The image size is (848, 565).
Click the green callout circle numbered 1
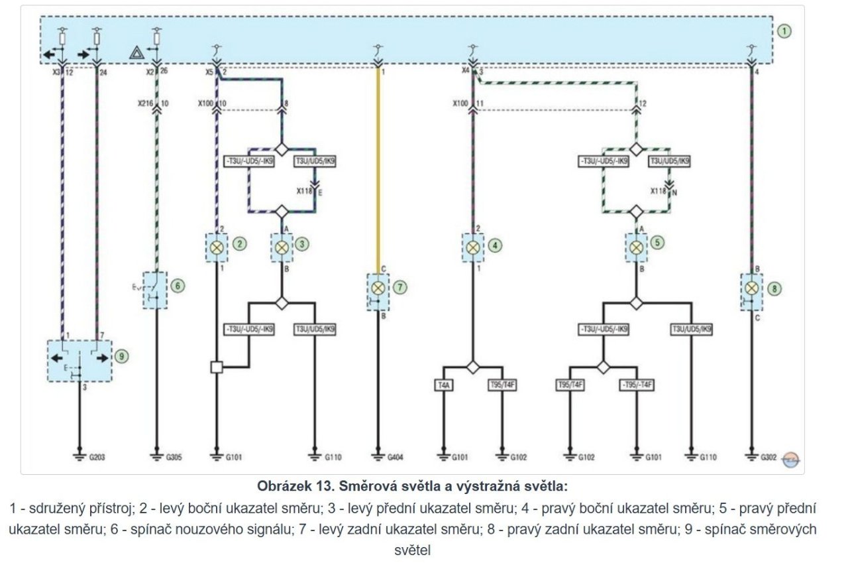(784, 31)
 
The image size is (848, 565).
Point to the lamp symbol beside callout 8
(751, 288)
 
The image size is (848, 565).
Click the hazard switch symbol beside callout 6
(156, 290)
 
